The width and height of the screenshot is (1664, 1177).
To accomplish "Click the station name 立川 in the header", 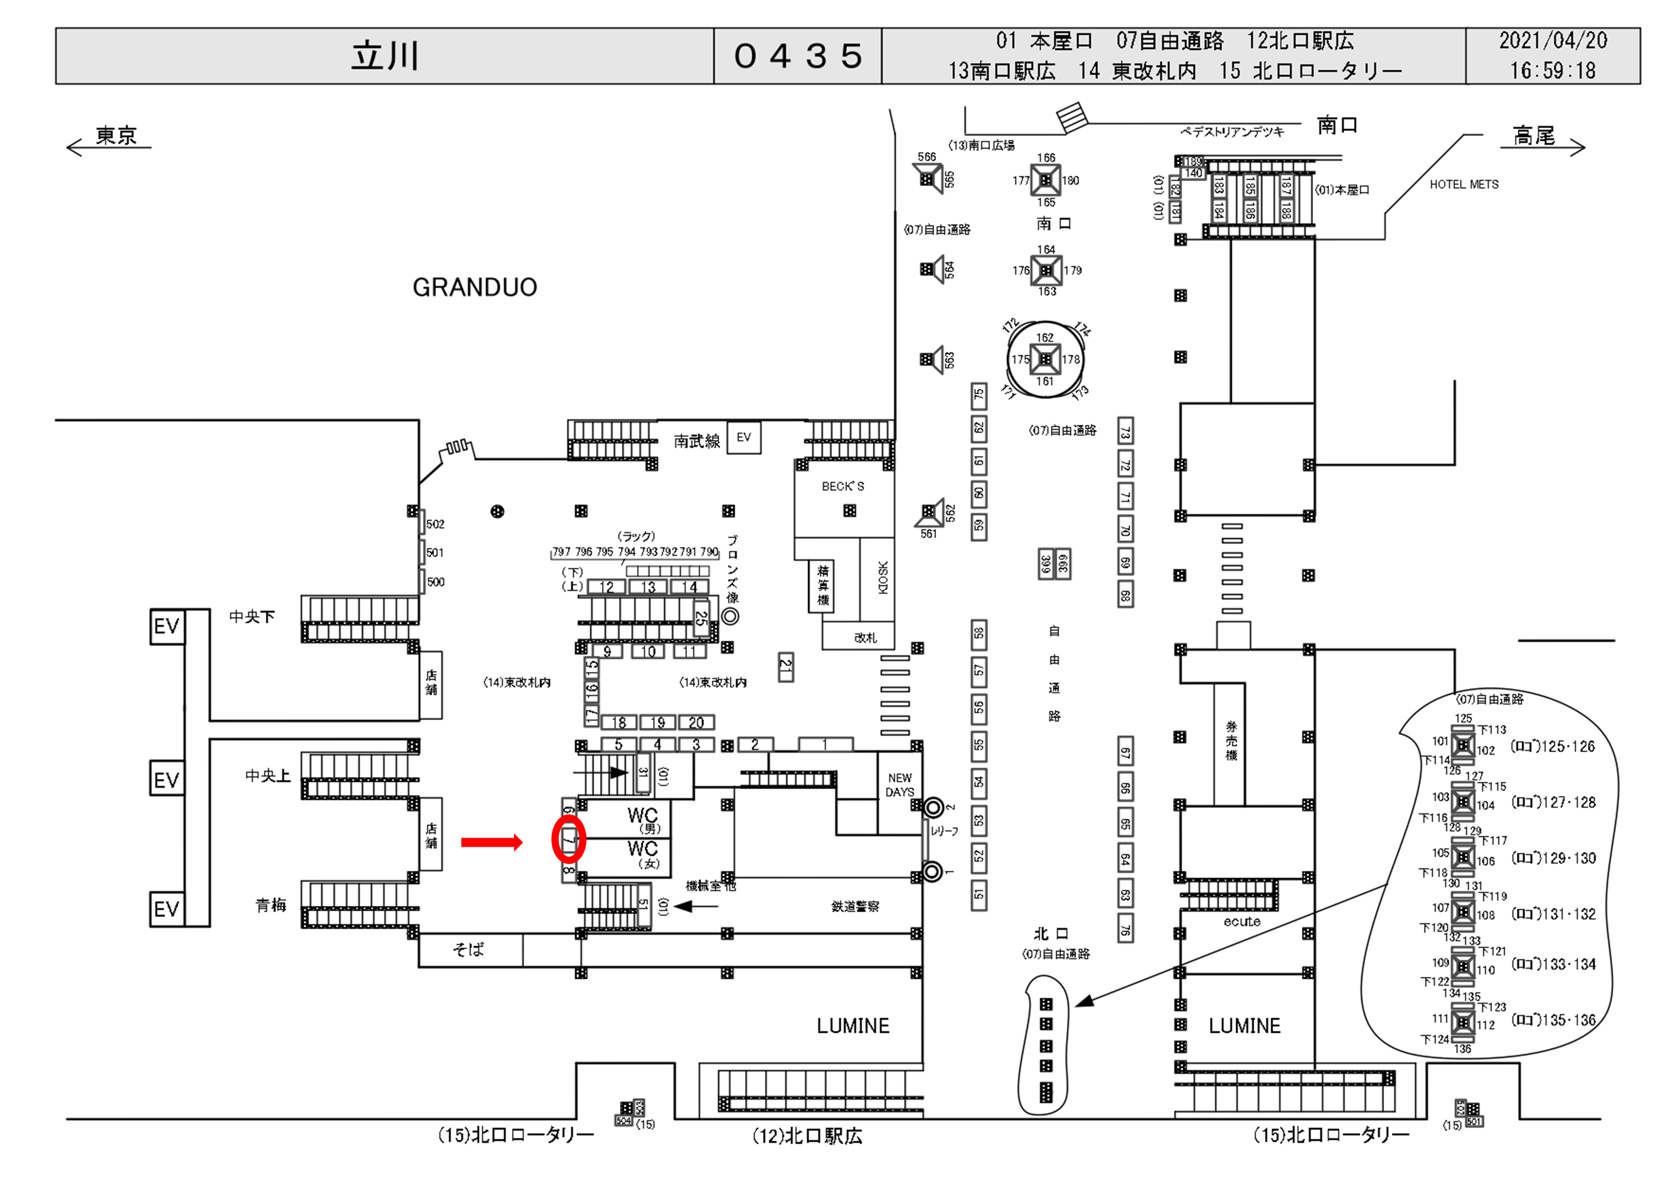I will click(x=385, y=56).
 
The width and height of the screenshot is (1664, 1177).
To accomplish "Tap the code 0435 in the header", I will click(x=797, y=56).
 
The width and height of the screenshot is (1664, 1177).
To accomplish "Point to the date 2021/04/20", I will click(x=1552, y=41).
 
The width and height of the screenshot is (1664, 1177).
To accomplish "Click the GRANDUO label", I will click(x=475, y=288).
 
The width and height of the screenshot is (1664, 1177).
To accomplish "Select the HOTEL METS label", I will click(x=1464, y=185).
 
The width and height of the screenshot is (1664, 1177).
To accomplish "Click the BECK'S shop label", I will click(x=843, y=486).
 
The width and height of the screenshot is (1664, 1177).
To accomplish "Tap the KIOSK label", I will click(x=883, y=577).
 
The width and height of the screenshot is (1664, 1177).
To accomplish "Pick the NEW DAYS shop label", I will click(x=900, y=785).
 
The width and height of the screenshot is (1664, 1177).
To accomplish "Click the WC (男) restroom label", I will click(x=643, y=819).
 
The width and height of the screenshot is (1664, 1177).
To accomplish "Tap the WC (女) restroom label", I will click(x=643, y=853).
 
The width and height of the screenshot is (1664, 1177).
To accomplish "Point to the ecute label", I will click(x=1241, y=922).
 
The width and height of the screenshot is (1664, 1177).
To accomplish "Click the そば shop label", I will click(x=468, y=950).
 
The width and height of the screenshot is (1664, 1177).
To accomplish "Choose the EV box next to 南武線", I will click(x=744, y=438).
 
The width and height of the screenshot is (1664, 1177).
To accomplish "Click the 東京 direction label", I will click(x=116, y=136).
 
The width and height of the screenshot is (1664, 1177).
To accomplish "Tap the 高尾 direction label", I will click(x=1534, y=136).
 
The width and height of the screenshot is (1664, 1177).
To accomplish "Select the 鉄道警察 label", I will click(x=855, y=906).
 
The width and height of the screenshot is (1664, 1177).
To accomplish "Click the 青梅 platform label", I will click(x=270, y=905).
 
